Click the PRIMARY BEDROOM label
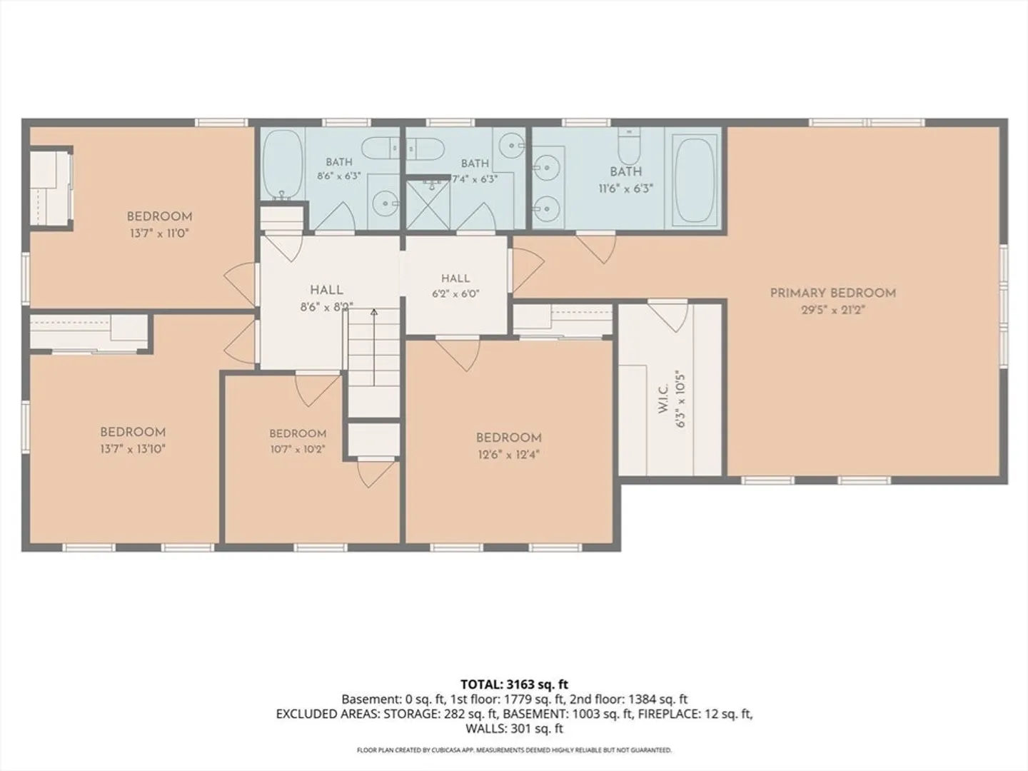click(x=832, y=293)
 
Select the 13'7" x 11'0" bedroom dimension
click(x=159, y=233)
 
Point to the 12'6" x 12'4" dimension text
click(x=508, y=455)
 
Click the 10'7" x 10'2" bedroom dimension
click(x=298, y=450)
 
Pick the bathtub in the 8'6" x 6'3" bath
click(x=282, y=165)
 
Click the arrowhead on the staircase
click(x=374, y=312)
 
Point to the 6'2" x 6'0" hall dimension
click(x=455, y=294)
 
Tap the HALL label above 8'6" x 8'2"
click(x=326, y=291)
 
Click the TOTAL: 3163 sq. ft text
click(x=514, y=685)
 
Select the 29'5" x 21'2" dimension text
click(x=832, y=310)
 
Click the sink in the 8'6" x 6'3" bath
click(x=385, y=203)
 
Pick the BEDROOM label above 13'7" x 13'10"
click(x=133, y=432)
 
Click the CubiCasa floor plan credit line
click(x=514, y=750)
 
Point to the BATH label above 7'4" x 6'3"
click(x=475, y=163)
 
